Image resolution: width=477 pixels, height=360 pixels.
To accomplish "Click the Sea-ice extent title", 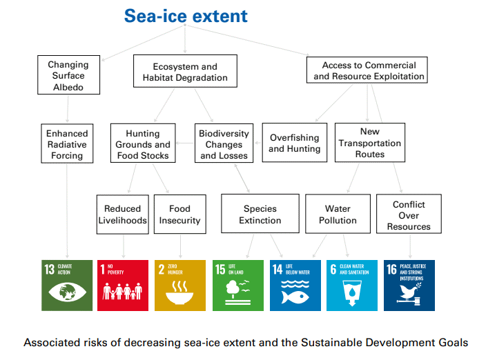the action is pos(186,16).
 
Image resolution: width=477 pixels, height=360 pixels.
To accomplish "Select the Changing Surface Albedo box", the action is pos(69,74).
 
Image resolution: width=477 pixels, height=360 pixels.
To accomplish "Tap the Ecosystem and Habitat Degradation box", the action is pos(185,71).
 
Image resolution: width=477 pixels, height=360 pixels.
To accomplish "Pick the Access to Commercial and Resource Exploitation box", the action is pos(367,70).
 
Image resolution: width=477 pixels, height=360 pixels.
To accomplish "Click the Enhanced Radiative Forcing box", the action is pos(67,143).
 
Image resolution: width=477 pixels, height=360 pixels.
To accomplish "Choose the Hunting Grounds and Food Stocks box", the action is pos(143,143).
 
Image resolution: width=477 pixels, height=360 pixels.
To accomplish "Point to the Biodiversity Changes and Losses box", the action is pos(224,143).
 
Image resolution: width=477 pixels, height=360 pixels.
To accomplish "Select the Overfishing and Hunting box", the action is pos(295,143).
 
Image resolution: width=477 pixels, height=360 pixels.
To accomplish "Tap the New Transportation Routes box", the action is pos(370,143).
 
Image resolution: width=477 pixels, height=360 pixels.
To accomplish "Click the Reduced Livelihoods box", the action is pos(123,214).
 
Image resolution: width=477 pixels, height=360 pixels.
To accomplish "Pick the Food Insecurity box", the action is pos(180,214).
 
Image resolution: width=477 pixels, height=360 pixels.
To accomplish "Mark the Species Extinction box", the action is pos(260,214).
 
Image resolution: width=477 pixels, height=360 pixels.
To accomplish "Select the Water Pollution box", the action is pos(338,214).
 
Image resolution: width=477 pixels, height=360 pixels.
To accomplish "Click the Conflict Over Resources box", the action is pos(409,214).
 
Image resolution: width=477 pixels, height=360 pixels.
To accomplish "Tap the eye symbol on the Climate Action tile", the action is pos(67,292).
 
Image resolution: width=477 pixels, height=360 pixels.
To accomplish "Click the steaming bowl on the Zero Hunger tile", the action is pos(179,293).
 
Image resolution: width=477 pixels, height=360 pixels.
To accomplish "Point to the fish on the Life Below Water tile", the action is pos(295,297).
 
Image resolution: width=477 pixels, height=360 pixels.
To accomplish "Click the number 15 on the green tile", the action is pos(220,270).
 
